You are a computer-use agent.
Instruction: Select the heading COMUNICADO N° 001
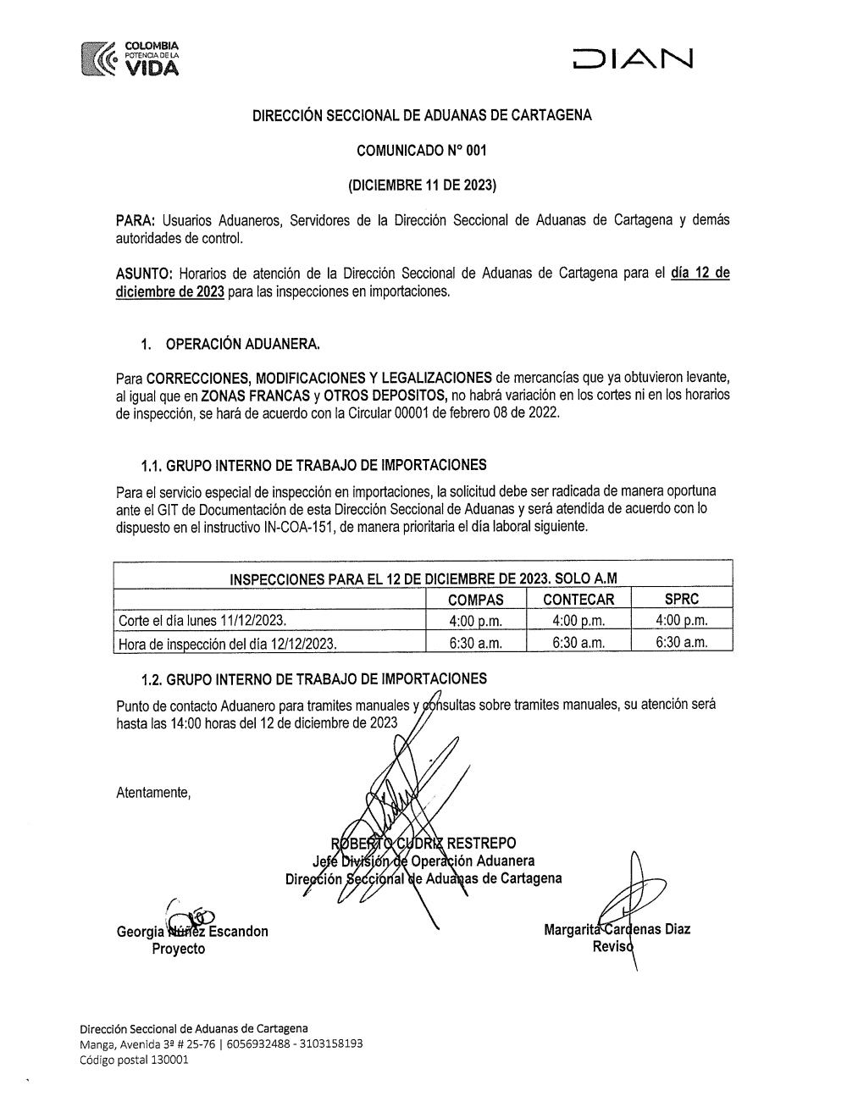pos(422,152)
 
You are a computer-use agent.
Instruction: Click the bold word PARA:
pos(134,220)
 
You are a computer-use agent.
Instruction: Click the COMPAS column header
pos(475,600)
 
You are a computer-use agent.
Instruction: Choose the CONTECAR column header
pos(579,600)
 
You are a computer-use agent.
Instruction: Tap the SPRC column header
pos(682,599)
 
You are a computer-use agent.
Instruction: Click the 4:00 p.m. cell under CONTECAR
pos(579,621)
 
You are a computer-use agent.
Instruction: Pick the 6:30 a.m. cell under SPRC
pos(682,643)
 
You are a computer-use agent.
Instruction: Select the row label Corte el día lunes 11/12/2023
pos(202,621)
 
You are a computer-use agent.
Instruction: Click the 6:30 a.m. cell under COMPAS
pos(475,643)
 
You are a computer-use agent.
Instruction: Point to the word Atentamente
pos(153,794)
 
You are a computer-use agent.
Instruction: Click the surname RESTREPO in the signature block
pos(480,843)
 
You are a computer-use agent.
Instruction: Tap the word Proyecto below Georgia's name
pos(178,949)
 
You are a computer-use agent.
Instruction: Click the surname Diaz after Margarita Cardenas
pos(673,929)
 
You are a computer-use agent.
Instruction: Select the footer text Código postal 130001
pos(134,1059)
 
